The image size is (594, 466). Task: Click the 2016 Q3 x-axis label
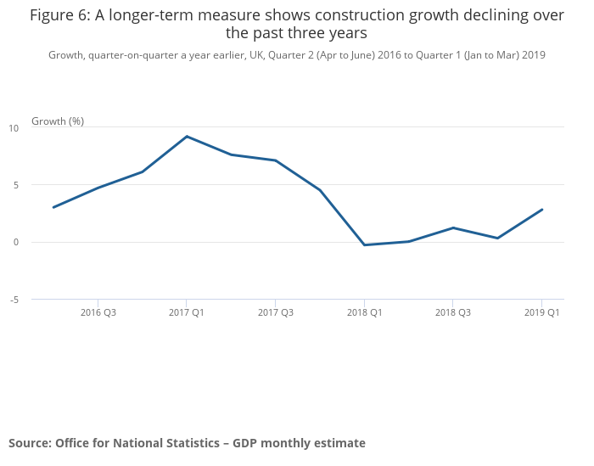98,312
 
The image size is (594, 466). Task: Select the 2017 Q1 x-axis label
187,312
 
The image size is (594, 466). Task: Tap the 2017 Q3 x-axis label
275,312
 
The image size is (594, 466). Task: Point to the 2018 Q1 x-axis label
364,312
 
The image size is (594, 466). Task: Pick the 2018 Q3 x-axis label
452,312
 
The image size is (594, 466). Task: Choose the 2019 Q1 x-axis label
541,312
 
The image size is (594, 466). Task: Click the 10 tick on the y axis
14,128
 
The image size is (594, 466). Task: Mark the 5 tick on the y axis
15,185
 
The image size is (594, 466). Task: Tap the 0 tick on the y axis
15,242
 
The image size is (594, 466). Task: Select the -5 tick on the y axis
14,300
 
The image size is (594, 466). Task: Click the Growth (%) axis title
58,121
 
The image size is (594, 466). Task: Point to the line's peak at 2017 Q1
187,136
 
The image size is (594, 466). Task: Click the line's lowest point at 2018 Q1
364,244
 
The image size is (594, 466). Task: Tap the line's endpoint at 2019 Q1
541,210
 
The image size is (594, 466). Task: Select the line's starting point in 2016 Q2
53,207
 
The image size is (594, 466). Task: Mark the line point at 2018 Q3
452,227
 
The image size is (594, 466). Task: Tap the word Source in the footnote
29,443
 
